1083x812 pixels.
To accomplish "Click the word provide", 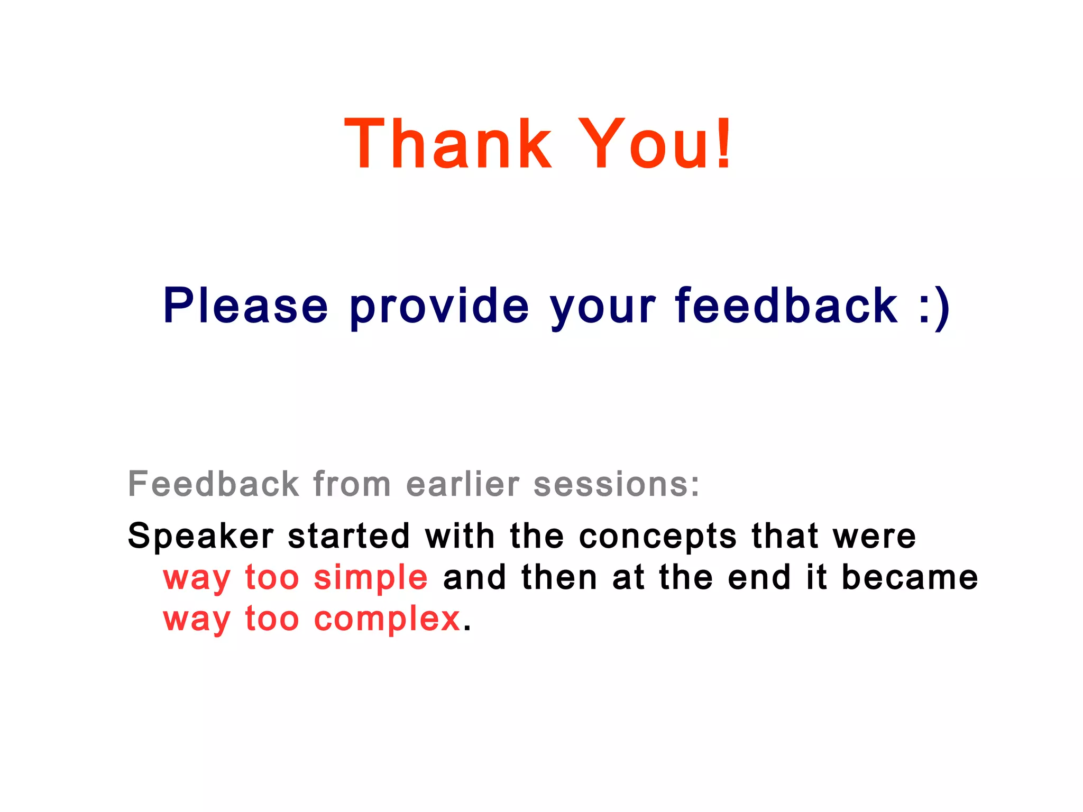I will [x=439, y=307].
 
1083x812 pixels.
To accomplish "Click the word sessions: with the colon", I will [x=617, y=485].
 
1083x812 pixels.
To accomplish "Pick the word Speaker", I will [x=200, y=537].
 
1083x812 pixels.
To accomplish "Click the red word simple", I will [x=371, y=578].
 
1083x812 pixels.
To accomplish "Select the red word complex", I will [x=387, y=620].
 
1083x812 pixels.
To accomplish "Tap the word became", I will [x=910, y=577].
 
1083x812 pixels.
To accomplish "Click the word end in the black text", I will [x=759, y=577].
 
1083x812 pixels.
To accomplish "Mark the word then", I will [x=559, y=577].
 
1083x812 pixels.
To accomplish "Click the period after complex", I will [x=466, y=629].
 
